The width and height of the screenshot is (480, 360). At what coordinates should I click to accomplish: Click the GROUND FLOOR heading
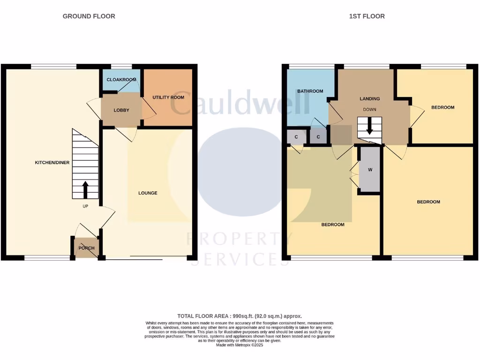[89, 16]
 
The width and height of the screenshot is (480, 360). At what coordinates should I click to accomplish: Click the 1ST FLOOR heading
[367, 16]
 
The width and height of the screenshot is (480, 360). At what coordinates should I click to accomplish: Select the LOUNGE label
[148, 193]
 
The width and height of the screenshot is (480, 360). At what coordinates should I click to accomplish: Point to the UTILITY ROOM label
[168, 97]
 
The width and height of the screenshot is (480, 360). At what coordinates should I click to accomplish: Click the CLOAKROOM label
[121, 80]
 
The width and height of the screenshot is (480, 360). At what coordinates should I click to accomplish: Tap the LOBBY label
[121, 110]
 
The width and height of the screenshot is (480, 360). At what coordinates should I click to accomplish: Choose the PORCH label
[86, 248]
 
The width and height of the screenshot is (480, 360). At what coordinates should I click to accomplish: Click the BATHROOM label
[310, 91]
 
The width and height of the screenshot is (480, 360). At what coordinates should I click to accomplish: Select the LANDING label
[369, 99]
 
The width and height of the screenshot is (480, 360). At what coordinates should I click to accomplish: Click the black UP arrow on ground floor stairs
[85, 190]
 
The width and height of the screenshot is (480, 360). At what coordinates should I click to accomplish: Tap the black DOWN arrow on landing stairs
[369, 126]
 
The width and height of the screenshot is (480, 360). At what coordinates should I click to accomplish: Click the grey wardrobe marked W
[369, 170]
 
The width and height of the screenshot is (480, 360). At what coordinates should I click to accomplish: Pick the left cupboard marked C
[296, 137]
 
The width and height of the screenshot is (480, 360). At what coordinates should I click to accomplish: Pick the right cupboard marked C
[318, 137]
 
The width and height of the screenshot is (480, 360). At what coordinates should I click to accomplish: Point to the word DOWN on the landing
[369, 110]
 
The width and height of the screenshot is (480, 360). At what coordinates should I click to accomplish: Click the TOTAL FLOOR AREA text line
[240, 316]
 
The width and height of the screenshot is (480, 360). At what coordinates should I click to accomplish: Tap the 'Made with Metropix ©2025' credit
[240, 345]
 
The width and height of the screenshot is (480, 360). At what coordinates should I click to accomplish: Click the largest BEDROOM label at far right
[428, 202]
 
